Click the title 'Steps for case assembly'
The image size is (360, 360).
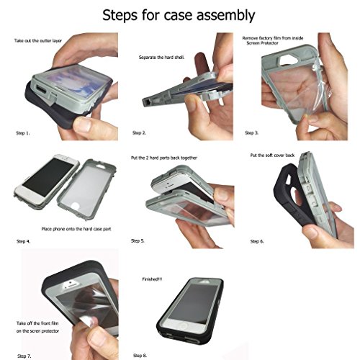(179, 16)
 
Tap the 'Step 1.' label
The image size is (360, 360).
(23, 133)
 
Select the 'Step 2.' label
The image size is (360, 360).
(139, 132)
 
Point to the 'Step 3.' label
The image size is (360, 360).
(252, 132)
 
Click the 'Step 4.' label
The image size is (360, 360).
(23, 241)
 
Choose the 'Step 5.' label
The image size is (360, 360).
(138, 240)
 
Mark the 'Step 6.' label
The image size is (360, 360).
(257, 241)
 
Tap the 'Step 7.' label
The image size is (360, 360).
(24, 356)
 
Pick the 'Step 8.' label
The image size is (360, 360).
(140, 356)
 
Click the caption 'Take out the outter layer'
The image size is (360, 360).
(38, 41)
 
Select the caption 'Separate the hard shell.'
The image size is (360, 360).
(161, 58)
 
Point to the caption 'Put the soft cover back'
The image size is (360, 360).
(272, 156)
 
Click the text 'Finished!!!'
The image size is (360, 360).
(152, 279)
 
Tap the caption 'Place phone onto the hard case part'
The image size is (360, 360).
(76, 229)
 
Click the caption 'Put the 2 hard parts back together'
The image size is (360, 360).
(164, 158)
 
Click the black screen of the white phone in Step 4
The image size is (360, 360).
(48, 176)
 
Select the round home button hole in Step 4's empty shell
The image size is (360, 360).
(76, 207)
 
